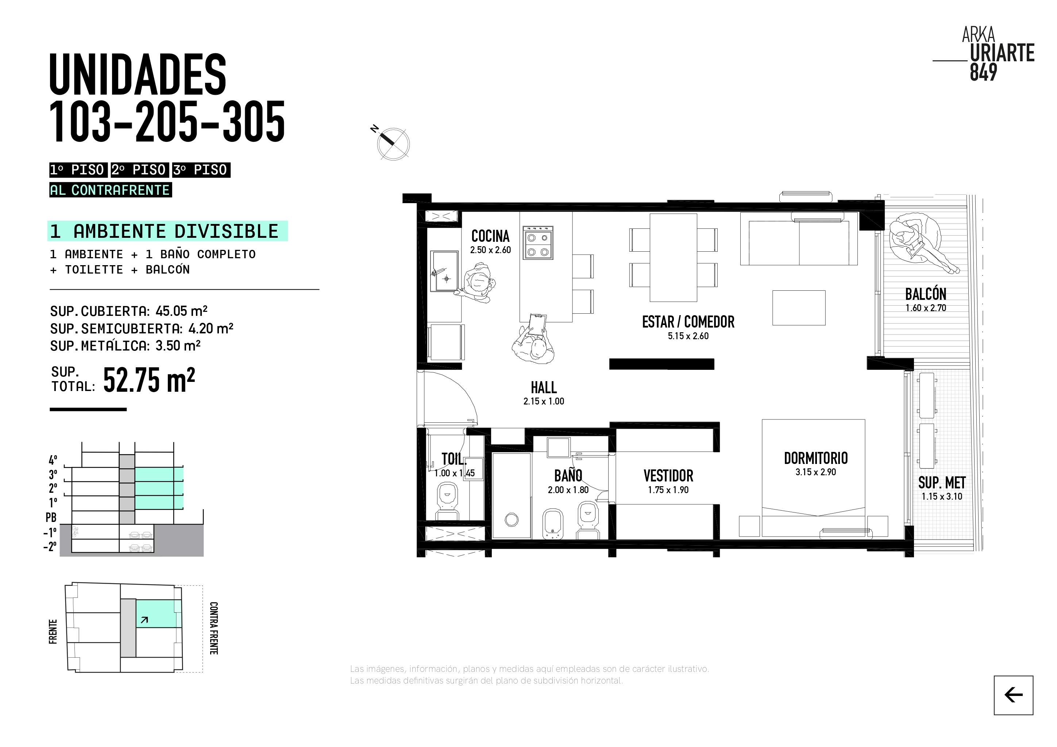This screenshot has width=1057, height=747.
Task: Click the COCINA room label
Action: click(490, 236)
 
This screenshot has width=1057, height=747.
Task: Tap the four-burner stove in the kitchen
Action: click(538, 243)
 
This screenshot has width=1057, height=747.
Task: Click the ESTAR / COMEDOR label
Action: click(688, 322)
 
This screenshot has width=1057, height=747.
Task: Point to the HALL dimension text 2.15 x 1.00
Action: click(544, 401)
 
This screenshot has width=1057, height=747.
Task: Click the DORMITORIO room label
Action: click(816, 458)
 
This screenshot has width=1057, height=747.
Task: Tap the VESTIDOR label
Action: click(668, 476)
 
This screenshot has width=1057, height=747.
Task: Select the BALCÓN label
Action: click(926, 294)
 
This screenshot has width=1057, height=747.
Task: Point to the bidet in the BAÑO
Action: click(553, 523)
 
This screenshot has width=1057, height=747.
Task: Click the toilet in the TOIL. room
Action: click(447, 502)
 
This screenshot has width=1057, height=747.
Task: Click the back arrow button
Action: click(1013, 695)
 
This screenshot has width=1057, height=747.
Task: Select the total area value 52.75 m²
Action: click(149, 380)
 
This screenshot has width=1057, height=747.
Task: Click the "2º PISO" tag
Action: click(139, 170)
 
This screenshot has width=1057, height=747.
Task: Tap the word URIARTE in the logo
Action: click(1002, 53)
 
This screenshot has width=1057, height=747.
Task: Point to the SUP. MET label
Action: click(942, 483)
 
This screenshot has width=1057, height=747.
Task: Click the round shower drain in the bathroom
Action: click(512, 520)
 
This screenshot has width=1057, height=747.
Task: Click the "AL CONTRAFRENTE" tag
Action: click(111, 190)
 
